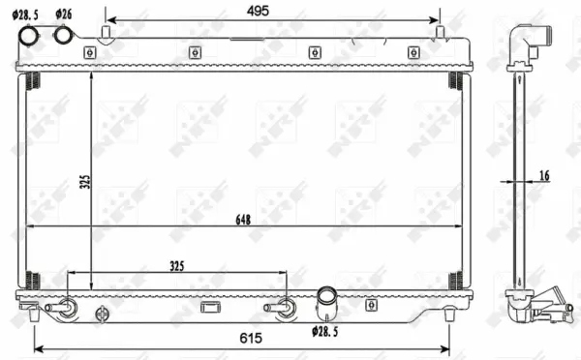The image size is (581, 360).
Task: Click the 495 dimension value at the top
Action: pos(257,11)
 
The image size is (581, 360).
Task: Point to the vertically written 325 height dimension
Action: pos(85,182)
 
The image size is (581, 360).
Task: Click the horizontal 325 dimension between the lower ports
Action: pos(175,265)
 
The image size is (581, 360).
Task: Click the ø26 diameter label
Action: pos(65,14)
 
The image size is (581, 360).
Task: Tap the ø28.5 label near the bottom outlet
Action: pos(327,332)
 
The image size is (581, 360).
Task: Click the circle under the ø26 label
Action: pos(65,36)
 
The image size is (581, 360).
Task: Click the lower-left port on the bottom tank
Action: pos(67,310)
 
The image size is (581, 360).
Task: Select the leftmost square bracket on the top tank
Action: pos(89,52)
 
